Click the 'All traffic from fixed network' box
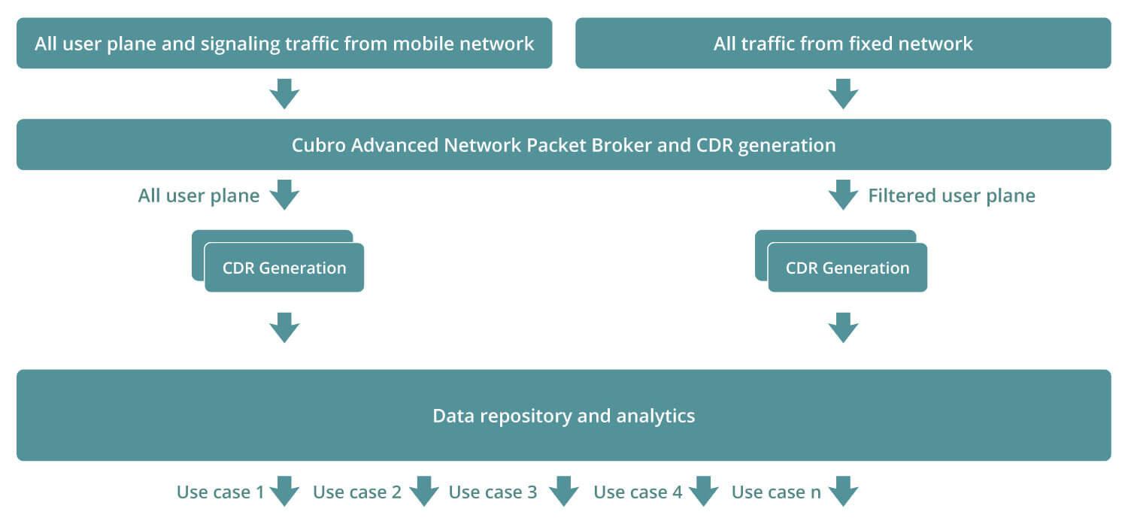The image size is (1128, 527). pos(843,44)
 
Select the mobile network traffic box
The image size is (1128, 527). pos(284,44)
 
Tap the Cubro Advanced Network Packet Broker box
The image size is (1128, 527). pos(564,144)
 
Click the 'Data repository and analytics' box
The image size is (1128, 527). pos(564,415)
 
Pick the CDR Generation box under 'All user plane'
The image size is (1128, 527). pos(284,268)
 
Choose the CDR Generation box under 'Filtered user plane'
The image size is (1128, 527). pos(848,268)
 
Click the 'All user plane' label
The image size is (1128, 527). pos(199,195)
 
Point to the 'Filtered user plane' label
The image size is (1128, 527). pos(952,195)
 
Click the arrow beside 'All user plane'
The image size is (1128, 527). pos(284,195)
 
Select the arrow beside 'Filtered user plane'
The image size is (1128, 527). pos(844,195)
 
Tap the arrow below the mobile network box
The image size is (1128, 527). pos(284,94)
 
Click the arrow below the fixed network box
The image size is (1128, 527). pos(844,94)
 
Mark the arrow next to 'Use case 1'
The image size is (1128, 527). pos(284,491)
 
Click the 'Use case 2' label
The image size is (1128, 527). pos(357,492)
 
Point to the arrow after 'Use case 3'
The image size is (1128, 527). pos(563,491)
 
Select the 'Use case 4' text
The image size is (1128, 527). pos(638,492)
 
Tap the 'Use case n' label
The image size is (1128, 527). pos(776,492)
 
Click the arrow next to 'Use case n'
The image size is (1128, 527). pos(844,491)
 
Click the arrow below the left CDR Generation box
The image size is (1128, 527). pos(284,328)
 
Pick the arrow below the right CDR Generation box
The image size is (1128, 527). pos(844,328)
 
